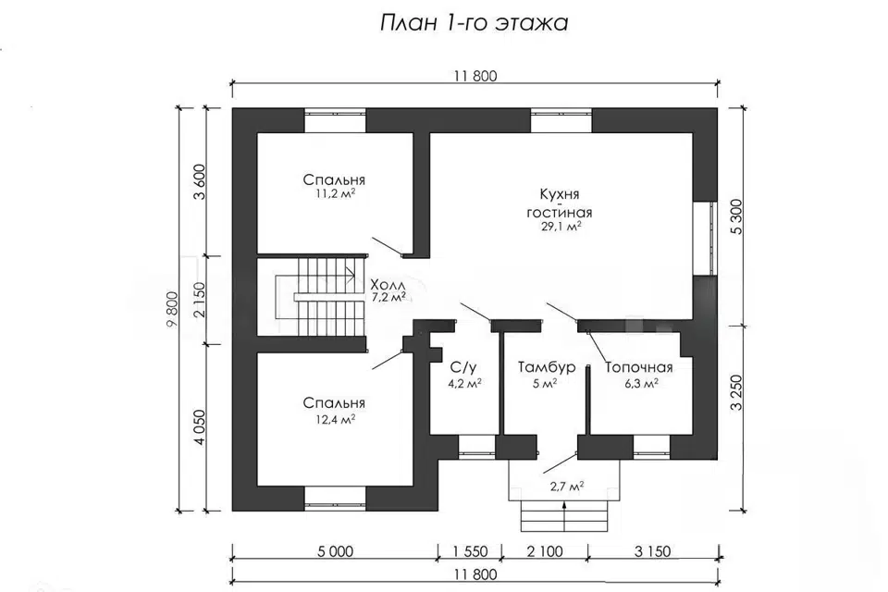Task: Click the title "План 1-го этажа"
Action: click(x=474, y=22)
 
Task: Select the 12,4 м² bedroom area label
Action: click(x=335, y=419)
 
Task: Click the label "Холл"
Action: click(x=388, y=284)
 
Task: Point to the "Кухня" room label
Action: click(x=560, y=194)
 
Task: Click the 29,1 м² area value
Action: click(x=561, y=227)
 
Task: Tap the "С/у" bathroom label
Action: click(x=463, y=367)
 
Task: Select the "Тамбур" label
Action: click(x=547, y=367)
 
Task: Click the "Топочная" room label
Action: click(x=639, y=367)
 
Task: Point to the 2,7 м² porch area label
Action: click(x=567, y=486)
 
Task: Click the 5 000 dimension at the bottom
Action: click(x=335, y=551)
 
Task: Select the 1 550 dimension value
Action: click(x=470, y=551)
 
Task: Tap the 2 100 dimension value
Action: click(x=545, y=551)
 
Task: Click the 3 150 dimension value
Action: click(x=652, y=551)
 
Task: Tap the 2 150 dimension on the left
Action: click(x=199, y=301)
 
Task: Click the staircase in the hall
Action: click(x=320, y=297)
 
